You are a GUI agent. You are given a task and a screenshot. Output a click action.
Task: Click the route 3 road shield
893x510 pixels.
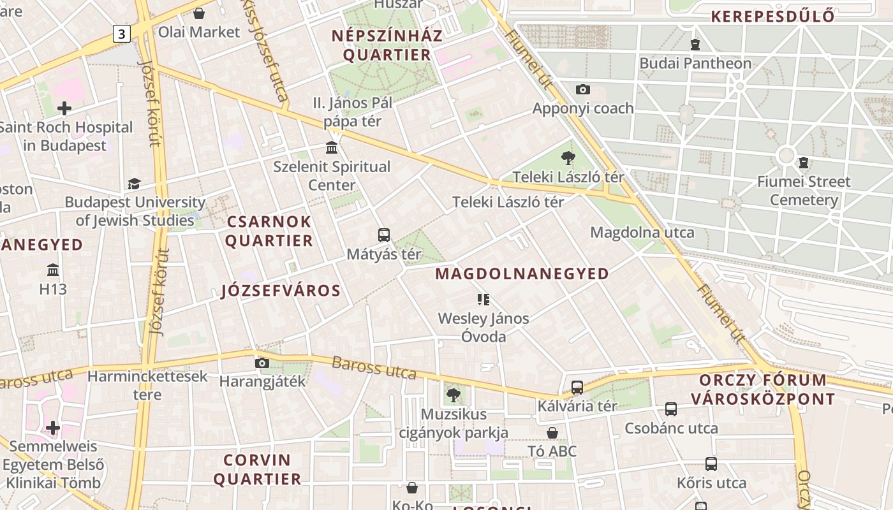point(122,34)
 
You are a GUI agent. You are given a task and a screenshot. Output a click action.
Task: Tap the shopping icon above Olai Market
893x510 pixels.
point(199,13)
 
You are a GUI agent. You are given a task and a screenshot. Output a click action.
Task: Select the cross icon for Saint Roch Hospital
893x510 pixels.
point(64,108)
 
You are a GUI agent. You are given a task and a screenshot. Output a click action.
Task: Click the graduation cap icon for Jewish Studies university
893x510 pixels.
point(134,184)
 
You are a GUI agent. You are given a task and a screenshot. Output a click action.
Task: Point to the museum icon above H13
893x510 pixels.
point(53,270)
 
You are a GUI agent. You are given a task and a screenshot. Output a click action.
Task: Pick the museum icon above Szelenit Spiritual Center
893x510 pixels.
point(332,148)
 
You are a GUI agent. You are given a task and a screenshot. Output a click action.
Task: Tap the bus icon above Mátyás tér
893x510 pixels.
point(383,235)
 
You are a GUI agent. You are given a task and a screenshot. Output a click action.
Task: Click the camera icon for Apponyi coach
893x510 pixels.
point(582,90)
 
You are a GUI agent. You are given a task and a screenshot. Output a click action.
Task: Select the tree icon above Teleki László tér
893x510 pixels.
point(568,158)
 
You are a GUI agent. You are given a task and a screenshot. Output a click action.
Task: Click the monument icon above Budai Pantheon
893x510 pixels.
point(695,45)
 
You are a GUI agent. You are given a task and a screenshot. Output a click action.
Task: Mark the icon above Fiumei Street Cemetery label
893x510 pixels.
point(804,163)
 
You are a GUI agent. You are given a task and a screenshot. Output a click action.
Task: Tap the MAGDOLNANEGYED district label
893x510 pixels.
point(522,274)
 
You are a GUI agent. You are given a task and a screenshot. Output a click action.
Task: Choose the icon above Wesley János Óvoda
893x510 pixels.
point(483,299)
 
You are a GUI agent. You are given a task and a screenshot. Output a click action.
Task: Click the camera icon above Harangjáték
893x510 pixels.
point(262,363)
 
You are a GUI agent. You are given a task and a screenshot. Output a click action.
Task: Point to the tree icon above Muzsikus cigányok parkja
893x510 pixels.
point(453,395)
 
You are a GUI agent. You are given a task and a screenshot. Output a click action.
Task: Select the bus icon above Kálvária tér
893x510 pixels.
point(577,387)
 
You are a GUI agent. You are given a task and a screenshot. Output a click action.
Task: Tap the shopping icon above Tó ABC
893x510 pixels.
point(552,433)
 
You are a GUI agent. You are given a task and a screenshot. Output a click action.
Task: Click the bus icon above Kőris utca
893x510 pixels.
point(711,464)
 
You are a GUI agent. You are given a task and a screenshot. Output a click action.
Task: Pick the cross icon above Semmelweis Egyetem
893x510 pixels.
point(53,427)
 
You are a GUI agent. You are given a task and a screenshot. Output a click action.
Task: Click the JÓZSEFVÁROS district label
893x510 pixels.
point(281,291)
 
